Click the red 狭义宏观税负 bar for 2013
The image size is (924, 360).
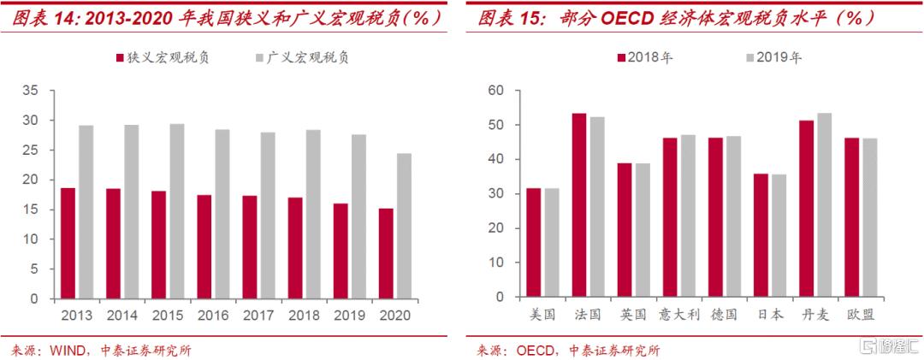(68, 244)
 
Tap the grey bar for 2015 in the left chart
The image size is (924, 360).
(176, 211)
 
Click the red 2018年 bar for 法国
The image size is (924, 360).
(579, 206)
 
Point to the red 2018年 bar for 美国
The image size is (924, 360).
(533, 244)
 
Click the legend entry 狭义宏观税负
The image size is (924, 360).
(162, 58)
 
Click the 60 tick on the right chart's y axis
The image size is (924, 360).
(497, 91)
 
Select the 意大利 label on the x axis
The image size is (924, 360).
(678, 315)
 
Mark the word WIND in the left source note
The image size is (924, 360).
(69, 350)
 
